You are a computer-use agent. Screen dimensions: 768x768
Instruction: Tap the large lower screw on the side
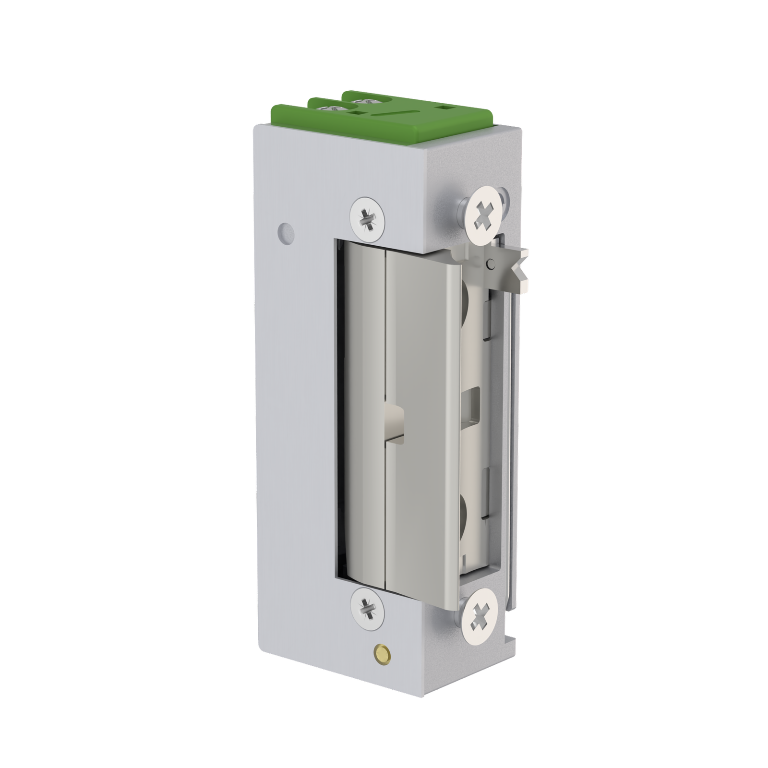483,614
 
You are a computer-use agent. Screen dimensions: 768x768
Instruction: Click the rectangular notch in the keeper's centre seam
395,420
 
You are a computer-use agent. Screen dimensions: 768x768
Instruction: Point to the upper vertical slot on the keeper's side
486,320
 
